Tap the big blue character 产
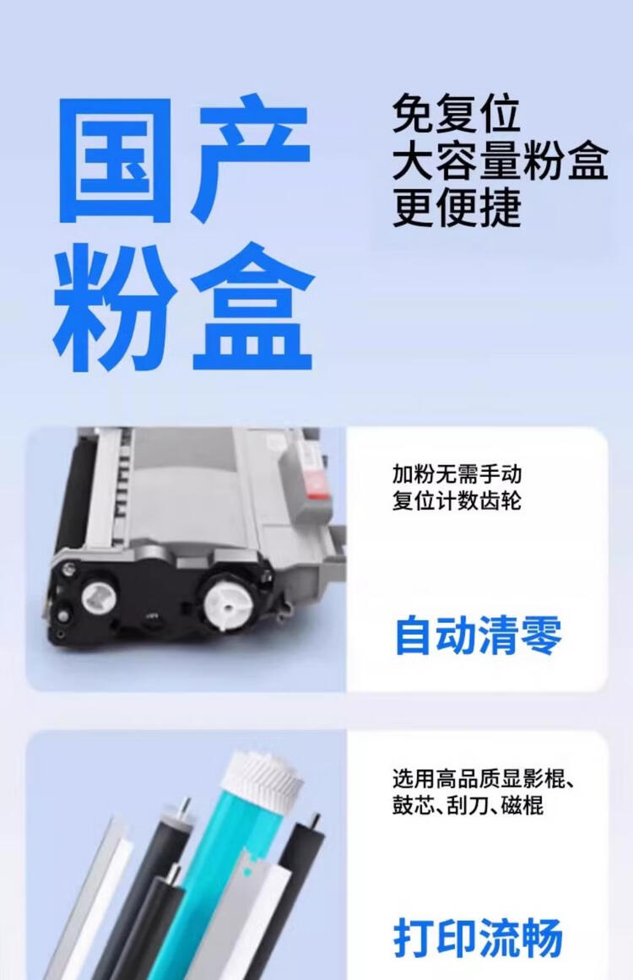251,160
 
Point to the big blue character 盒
252,309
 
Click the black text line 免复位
456,114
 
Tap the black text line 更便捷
457,208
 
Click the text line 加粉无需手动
457,474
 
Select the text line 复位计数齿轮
457,501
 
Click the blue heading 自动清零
479,636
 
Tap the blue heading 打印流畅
479,939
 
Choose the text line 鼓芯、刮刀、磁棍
468,805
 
